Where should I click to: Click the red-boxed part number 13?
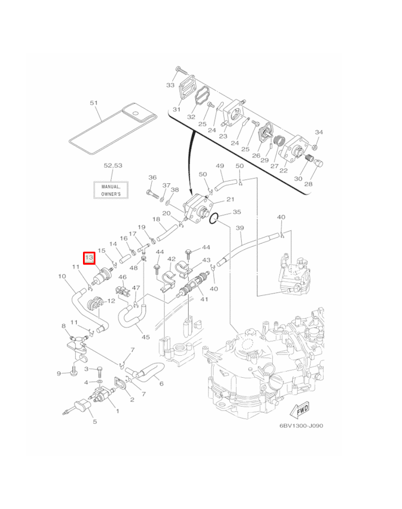pos(89,258)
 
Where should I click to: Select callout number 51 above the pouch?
pos(94,103)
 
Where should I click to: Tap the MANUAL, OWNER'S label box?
pos(111,190)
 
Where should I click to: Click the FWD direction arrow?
pos(300,408)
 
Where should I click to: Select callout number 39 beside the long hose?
pos(239,228)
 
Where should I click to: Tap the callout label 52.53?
pos(112,166)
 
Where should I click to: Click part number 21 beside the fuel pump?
pos(230,200)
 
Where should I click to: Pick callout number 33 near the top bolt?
pos(171,85)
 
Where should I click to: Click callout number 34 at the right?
pos(318,132)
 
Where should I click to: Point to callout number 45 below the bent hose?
pos(146,337)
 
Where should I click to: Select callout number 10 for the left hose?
pos(62,277)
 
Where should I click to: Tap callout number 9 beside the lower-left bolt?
pos(58,373)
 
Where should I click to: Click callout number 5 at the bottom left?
pos(94,421)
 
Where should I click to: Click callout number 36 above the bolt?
pos(152,178)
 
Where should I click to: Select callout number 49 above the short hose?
pos(220,166)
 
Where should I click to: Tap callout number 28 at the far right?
pos(308,184)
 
